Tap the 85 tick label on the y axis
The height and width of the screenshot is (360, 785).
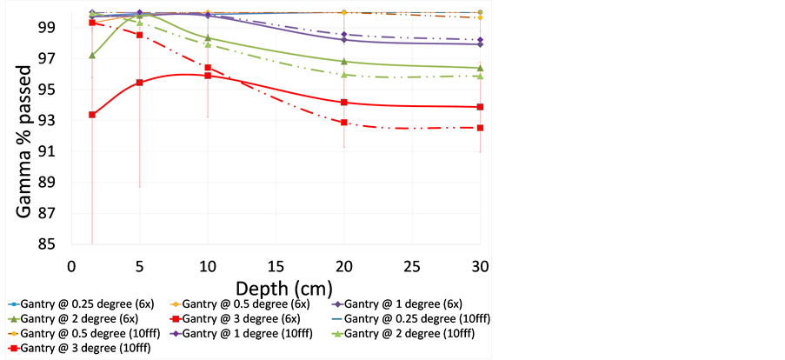pyautogui.click(x=54, y=244)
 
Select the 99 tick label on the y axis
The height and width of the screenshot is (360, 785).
pyautogui.click(x=54, y=27)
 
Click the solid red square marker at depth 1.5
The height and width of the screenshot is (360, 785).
pyautogui.click(x=92, y=115)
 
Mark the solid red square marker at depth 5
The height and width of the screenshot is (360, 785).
pyautogui.click(x=139, y=83)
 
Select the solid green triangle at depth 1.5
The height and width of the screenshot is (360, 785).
pyautogui.click(x=92, y=55)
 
